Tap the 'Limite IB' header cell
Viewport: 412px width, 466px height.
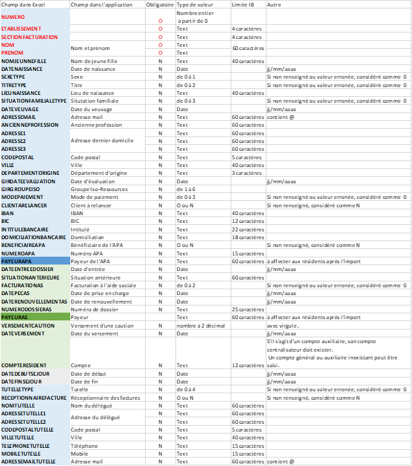pyautogui.click(x=243, y=5)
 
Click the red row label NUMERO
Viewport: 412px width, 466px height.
pyautogui.click(x=14, y=16)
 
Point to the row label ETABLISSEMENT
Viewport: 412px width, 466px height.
pyautogui.click(x=21, y=29)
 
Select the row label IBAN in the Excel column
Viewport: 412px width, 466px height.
pyautogui.click(x=8, y=213)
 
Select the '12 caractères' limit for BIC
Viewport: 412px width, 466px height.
pyautogui.click(x=247, y=221)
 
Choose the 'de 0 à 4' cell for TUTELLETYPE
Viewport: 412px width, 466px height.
pyautogui.click(x=187, y=389)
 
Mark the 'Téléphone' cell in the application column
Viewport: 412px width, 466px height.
pyautogui.click(x=84, y=446)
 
